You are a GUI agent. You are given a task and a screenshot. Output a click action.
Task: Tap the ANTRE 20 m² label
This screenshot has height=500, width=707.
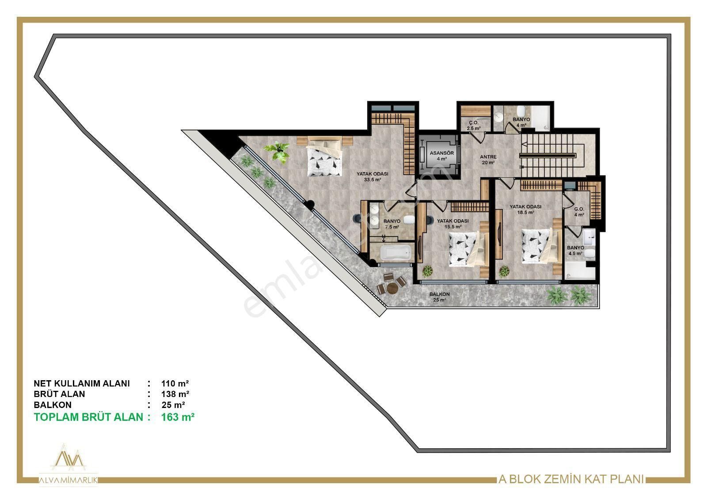(488, 160)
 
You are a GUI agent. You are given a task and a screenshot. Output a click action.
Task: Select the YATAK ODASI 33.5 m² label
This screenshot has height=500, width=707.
(372, 177)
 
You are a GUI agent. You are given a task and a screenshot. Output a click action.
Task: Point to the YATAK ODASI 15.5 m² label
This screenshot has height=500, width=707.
(452, 224)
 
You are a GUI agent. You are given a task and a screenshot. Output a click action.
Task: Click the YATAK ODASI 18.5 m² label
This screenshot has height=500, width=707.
(525, 209)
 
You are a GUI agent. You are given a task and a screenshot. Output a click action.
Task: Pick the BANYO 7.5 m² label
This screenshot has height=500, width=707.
(392, 224)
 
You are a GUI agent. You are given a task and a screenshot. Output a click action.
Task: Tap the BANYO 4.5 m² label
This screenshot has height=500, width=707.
(575, 251)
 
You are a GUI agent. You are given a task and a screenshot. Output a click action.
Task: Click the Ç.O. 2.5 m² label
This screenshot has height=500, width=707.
(474, 126)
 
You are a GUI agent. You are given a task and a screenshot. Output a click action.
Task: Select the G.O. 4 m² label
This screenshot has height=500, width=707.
(579, 212)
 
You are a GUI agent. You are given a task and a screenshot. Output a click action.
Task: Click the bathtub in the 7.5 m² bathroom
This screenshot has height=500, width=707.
(396, 253)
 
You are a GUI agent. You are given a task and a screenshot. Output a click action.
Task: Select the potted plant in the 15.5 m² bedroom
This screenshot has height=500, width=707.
(427, 270)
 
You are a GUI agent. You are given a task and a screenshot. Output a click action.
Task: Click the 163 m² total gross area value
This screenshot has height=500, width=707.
(178, 417)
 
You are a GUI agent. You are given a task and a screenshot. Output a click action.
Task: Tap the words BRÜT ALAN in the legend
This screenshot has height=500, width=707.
(59, 394)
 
